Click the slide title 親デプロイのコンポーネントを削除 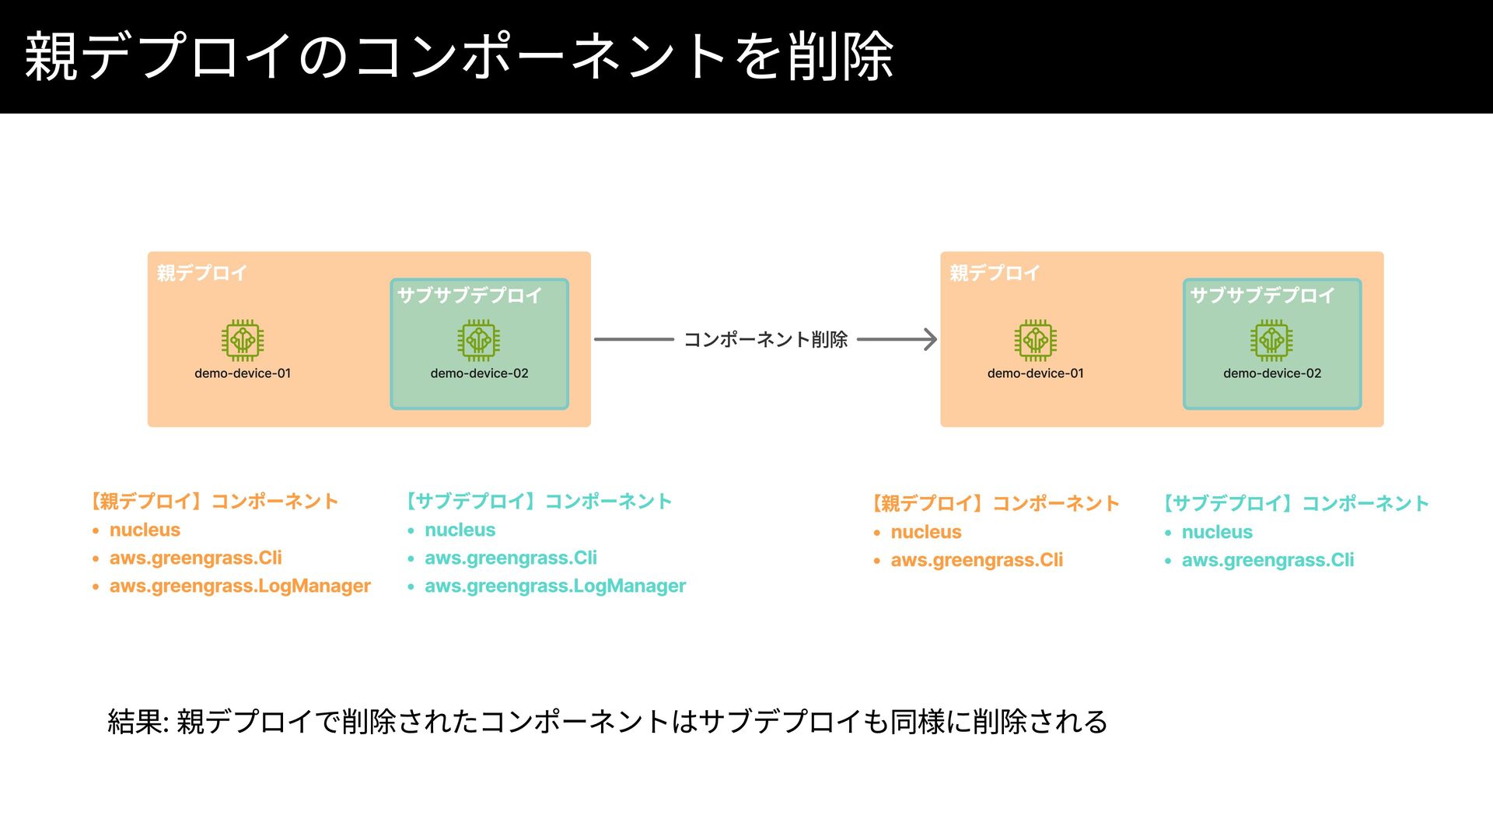coord(459,56)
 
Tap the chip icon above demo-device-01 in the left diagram coord(243,340)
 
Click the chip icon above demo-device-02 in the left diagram coord(479,340)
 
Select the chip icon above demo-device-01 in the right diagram coord(1035,340)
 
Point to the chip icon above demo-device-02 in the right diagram coord(1271,340)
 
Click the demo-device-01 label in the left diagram coord(243,373)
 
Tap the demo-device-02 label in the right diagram coord(1272,373)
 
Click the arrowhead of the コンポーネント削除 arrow coord(929,339)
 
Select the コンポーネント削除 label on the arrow coord(765,339)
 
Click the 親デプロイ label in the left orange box coord(201,273)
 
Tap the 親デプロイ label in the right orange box coord(995,273)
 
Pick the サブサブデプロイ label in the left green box coord(470,296)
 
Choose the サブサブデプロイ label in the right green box coord(1262,296)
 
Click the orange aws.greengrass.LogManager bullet coord(240,586)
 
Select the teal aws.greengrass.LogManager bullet coord(554,586)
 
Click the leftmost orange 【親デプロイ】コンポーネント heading coord(215,501)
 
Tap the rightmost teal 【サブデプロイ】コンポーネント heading coord(1296,503)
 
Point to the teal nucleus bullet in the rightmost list coord(1217,532)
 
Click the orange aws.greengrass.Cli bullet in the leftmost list coord(195,558)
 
